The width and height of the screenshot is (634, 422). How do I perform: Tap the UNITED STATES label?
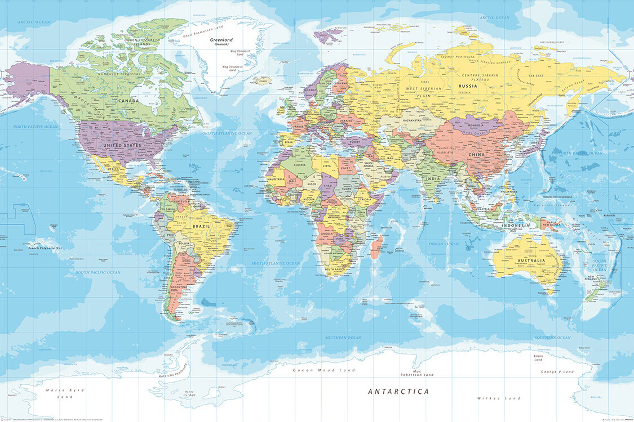[x=122, y=145]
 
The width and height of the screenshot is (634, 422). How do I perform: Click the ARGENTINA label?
[x=179, y=288]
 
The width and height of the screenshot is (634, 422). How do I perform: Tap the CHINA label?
[x=476, y=155]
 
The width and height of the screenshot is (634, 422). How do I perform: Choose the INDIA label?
[x=432, y=179]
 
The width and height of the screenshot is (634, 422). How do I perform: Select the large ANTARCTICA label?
[x=398, y=391]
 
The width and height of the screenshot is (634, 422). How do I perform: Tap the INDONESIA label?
[x=516, y=225]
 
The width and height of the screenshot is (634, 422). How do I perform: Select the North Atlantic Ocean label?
[x=227, y=133]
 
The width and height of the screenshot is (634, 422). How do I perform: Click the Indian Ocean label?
[x=444, y=244]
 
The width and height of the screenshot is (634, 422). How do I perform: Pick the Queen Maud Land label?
[x=324, y=370]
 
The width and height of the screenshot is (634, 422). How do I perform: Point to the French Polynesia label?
[x=45, y=246]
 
